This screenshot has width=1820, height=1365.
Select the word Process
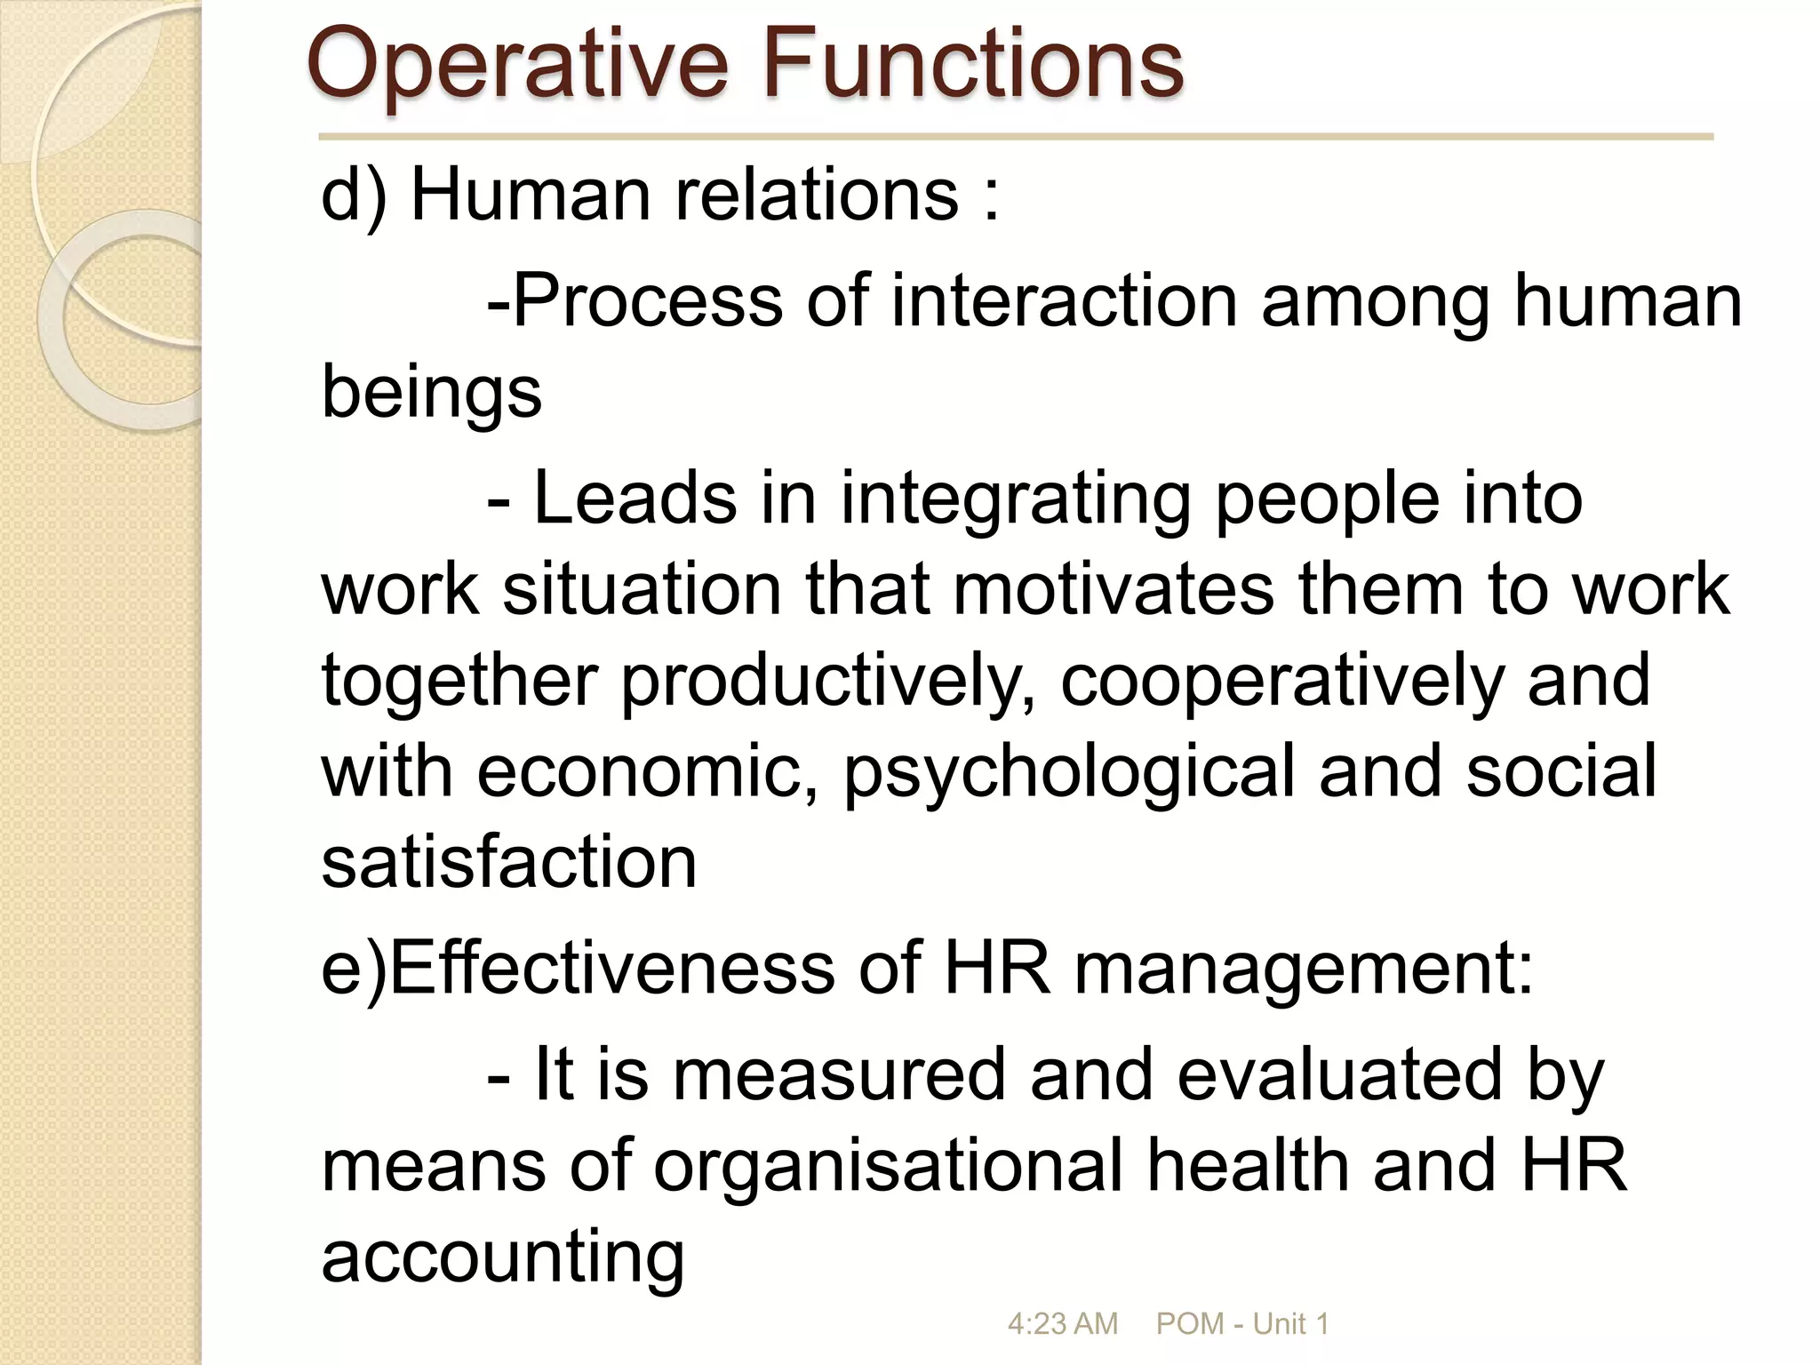pos(648,301)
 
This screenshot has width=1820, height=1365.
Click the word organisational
pos(889,1166)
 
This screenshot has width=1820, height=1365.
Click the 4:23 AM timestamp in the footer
pos(1062,1323)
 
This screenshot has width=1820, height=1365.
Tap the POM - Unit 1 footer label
pos(1241,1323)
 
